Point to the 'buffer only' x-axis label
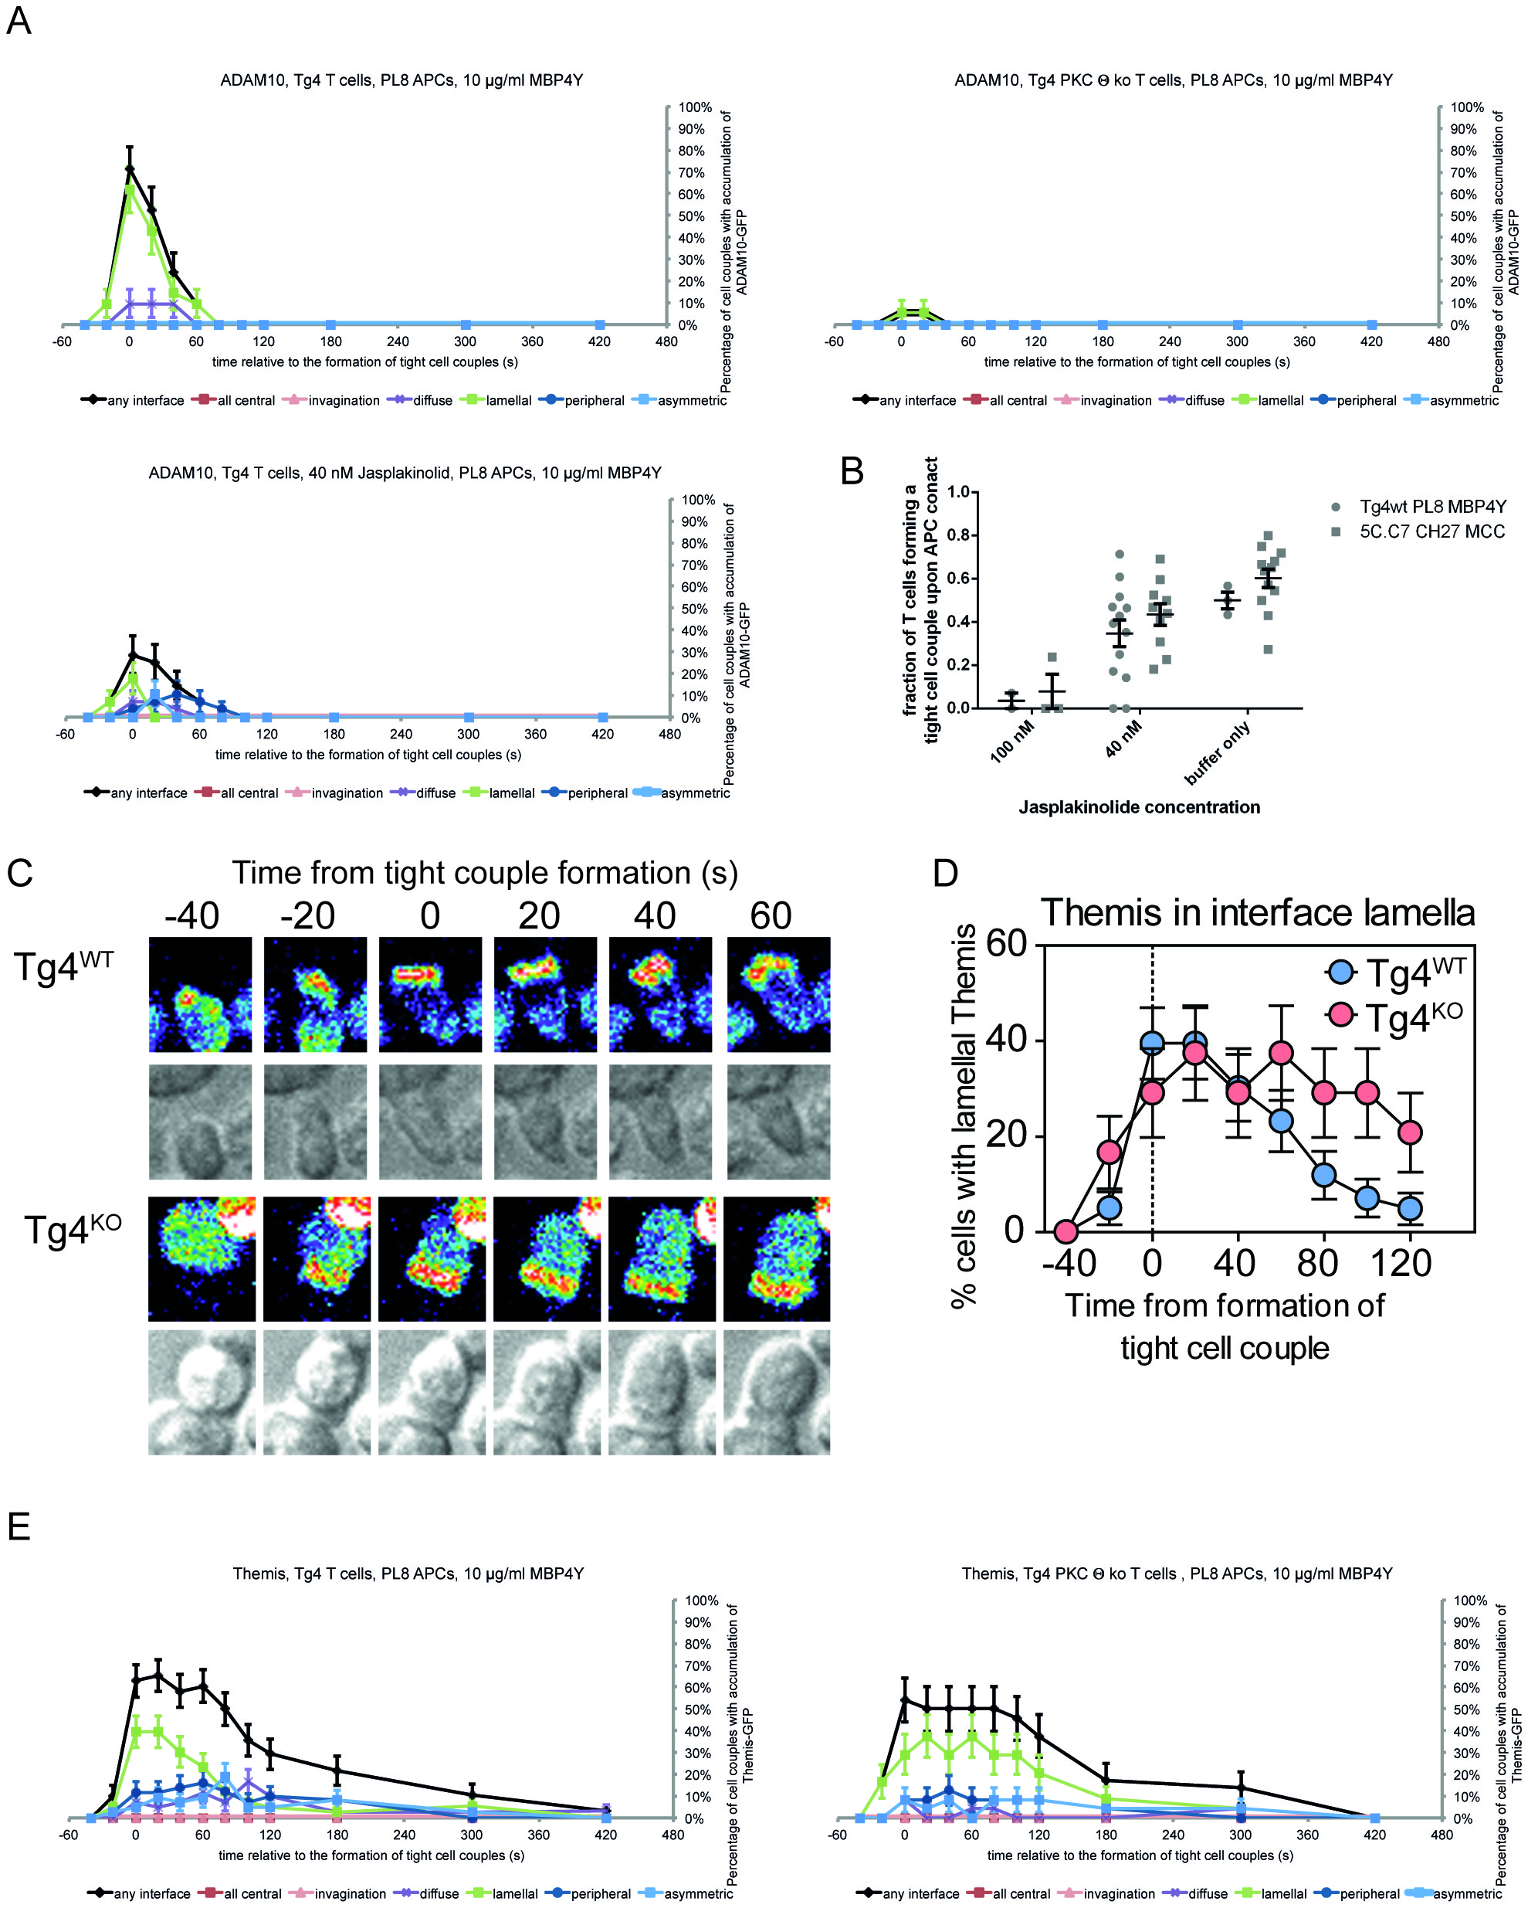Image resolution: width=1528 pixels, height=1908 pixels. tap(1218, 752)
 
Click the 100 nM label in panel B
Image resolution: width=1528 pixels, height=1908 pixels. tap(1011, 741)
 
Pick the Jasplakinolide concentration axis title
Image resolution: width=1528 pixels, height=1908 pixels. tap(1139, 807)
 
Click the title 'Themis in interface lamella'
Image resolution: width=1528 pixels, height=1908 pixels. tap(1257, 913)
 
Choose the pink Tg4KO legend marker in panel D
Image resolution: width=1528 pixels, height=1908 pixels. tap(1341, 1014)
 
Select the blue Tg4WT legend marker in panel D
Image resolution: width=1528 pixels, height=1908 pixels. tap(1341, 972)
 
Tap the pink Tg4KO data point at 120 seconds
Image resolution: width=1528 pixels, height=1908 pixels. tap(1411, 1132)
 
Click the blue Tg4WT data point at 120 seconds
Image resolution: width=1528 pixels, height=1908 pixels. tap(1411, 1208)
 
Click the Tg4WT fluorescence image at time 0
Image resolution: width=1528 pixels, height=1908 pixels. tap(430, 995)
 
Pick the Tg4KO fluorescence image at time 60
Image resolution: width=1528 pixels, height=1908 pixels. tap(777, 1258)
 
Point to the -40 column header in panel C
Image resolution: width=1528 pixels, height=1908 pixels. tap(192, 916)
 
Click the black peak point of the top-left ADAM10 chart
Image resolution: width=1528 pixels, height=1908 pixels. tap(129, 168)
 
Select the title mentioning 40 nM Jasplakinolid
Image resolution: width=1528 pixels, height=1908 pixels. tap(405, 474)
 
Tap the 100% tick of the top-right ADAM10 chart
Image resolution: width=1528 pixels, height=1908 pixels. tap(1467, 107)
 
